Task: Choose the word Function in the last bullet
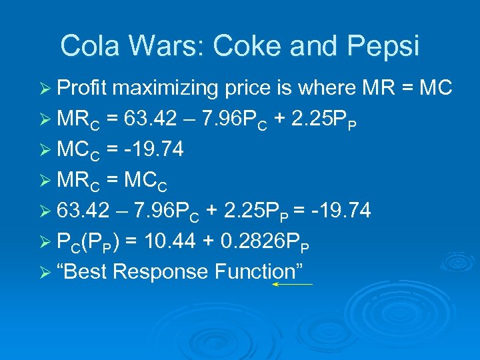[x=262, y=272]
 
